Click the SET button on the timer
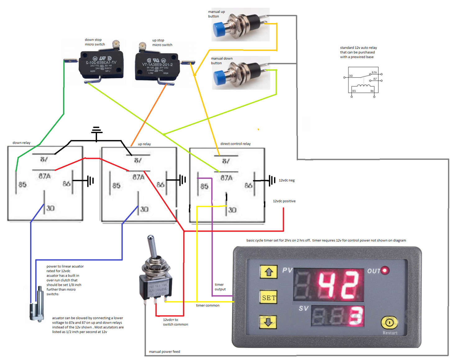(269, 298)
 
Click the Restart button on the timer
(389, 323)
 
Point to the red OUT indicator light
(385, 271)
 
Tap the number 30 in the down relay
(50, 208)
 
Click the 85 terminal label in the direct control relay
(204, 186)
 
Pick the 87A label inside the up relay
(139, 177)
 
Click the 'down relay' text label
(21, 143)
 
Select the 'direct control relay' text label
(235, 144)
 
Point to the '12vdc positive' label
(284, 201)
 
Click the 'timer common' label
(208, 305)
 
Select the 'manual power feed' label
(164, 352)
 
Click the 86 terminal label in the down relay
(66, 184)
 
